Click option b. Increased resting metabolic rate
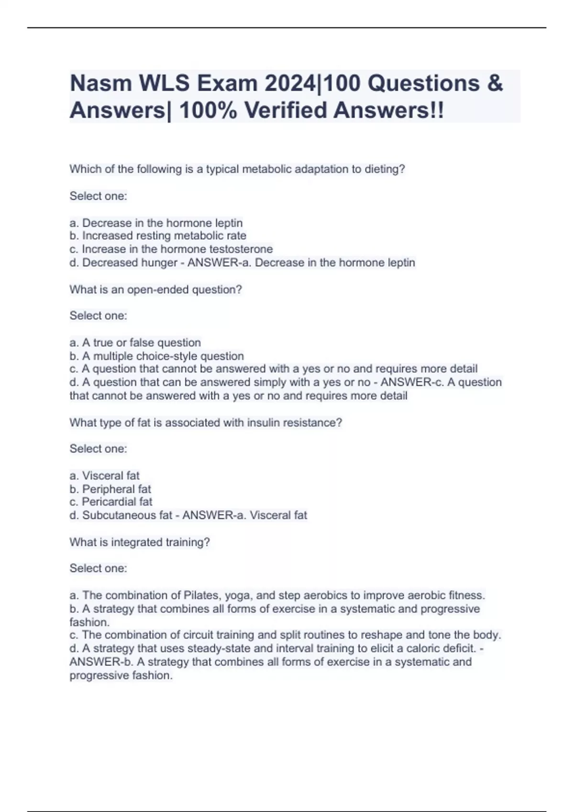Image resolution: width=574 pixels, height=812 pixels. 158,236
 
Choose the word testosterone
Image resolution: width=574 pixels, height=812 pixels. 241,249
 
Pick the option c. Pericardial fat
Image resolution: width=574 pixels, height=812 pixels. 111,502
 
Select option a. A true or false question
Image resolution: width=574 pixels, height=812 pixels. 135,343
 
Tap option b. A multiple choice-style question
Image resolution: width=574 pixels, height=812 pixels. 157,356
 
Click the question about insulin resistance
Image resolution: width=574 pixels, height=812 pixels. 206,423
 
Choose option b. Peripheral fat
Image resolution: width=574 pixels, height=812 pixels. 110,489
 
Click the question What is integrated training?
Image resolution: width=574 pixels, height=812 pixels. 140,543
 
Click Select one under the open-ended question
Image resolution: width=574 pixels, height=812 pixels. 99,316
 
